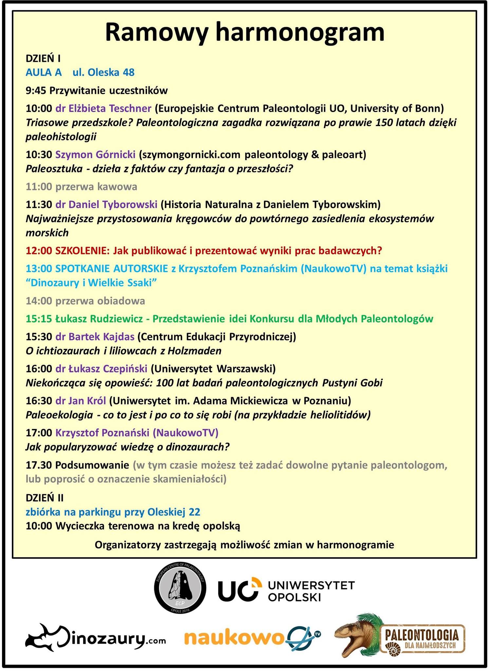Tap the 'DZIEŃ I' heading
tap(43, 59)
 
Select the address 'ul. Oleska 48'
tap(103, 72)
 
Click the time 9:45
tap(36, 90)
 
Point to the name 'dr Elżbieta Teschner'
tap(103, 108)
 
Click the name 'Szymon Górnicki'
tap(95, 154)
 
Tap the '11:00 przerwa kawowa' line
tap(81, 187)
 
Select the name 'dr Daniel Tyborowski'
tap(106, 204)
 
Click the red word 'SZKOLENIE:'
tap(82, 251)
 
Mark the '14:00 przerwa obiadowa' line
tap(85, 301)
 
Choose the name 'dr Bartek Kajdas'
tap(95, 336)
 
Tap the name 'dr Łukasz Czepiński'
tap(101, 369)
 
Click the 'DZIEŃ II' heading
tap(45, 498)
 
